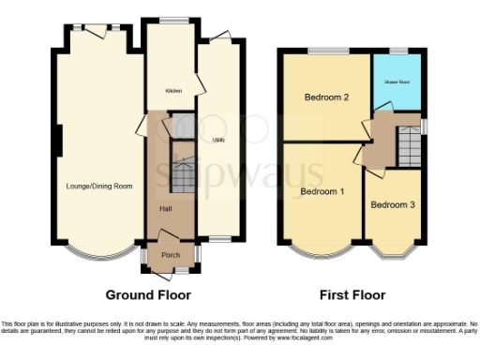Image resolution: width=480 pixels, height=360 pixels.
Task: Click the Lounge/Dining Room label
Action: pos(97,186)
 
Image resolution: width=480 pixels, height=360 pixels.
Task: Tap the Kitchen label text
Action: pos(173,91)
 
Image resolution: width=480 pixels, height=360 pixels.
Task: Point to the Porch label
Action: pos(171,254)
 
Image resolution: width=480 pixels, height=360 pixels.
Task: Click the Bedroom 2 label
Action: pos(326,97)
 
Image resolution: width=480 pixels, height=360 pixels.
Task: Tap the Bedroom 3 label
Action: pos(393,203)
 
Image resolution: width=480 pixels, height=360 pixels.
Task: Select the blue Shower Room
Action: pos(396,82)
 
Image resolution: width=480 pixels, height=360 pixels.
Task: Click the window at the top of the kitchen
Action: pos(170,20)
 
